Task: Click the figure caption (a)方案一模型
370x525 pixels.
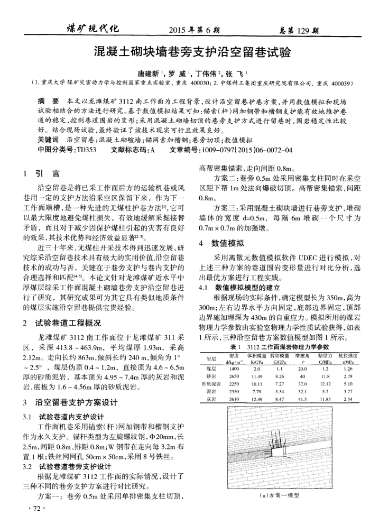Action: pos(280,495)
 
